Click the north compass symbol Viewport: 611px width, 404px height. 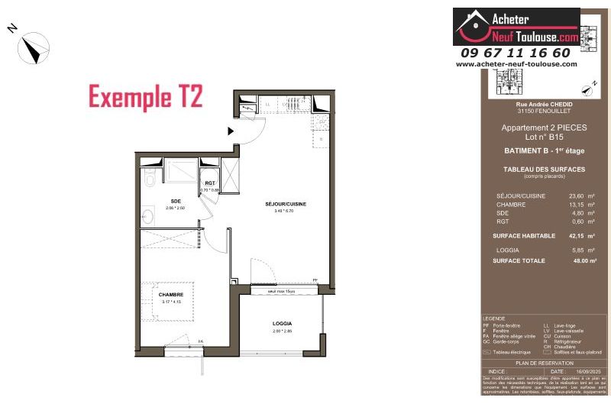click(x=34, y=49)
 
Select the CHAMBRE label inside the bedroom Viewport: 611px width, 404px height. click(x=171, y=294)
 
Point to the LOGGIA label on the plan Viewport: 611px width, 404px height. click(x=283, y=324)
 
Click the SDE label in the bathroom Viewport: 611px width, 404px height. click(x=175, y=201)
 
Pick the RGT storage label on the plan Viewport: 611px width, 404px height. click(x=209, y=183)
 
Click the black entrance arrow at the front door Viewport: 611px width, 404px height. click(x=231, y=131)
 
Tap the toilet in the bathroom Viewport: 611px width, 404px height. click(x=149, y=177)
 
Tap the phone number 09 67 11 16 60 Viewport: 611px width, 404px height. click(x=516, y=53)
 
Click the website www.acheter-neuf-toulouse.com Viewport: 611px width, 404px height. click(x=516, y=64)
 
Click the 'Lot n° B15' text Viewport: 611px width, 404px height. click(x=543, y=136)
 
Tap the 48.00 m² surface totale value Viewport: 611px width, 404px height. click(x=564, y=261)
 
